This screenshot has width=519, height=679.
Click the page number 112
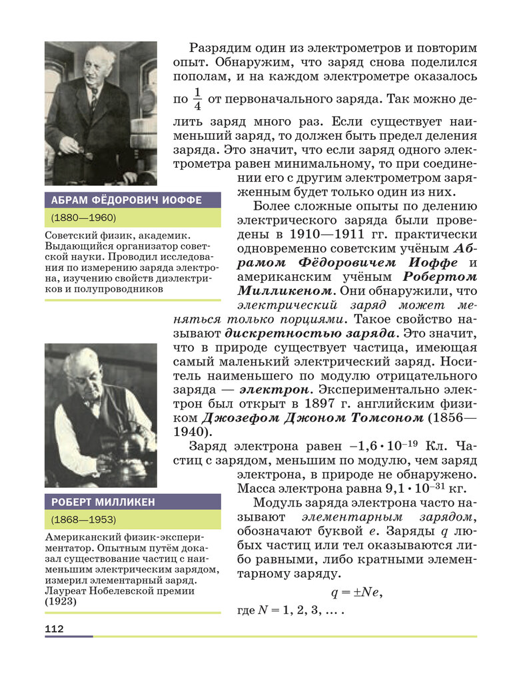point(54,628)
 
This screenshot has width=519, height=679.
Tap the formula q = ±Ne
point(357,591)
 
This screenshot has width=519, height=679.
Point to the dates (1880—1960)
point(83,218)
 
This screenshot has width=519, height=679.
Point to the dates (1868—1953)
point(83,519)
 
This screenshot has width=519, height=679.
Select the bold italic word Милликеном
point(285,291)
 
